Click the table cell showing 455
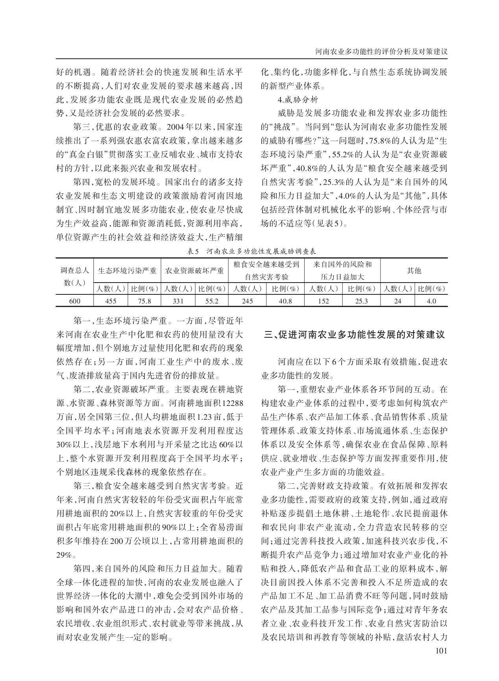click(111, 301)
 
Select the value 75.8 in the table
click(144, 301)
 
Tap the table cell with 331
click(178, 301)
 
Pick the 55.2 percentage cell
click(212, 301)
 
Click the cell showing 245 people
click(247, 301)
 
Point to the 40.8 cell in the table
click(285, 301)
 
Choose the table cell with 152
click(323, 301)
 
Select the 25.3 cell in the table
click(361, 301)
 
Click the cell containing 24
click(397, 301)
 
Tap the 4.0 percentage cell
click(431, 301)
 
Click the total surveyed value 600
click(75, 301)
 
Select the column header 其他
click(414, 270)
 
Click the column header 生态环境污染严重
click(127, 271)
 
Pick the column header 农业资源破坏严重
click(194, 271)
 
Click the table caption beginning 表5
click(252, 251)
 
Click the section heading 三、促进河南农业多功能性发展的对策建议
click(355, 335)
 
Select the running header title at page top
click(382, 52)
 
